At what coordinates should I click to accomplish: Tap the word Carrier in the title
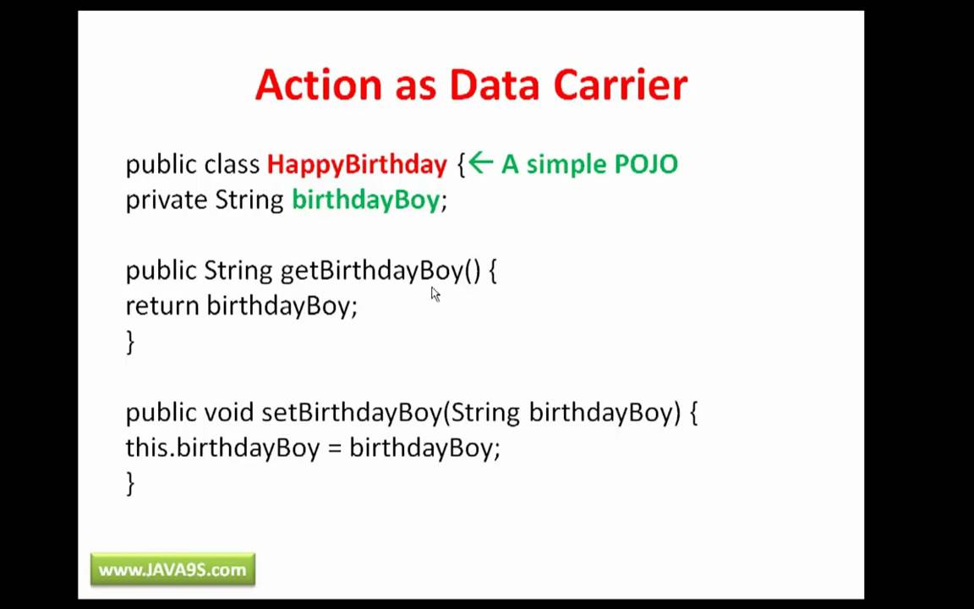[620, 85]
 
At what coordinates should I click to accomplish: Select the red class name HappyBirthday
[357, 164]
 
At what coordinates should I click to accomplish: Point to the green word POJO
[646, 164]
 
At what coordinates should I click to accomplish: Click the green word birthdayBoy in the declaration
[366, 200]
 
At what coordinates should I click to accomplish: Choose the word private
[167, 200]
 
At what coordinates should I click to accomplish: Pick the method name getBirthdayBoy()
[380, 271]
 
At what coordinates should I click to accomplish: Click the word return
[162, 306]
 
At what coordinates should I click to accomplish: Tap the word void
[228, 413]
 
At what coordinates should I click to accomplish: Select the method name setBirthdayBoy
[351, 413]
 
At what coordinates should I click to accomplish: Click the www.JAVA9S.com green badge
[172, 570]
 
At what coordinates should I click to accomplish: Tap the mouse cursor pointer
[435, 294]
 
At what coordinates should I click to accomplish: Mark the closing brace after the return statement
[130, 342]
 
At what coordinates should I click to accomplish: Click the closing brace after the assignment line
[130, 483]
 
